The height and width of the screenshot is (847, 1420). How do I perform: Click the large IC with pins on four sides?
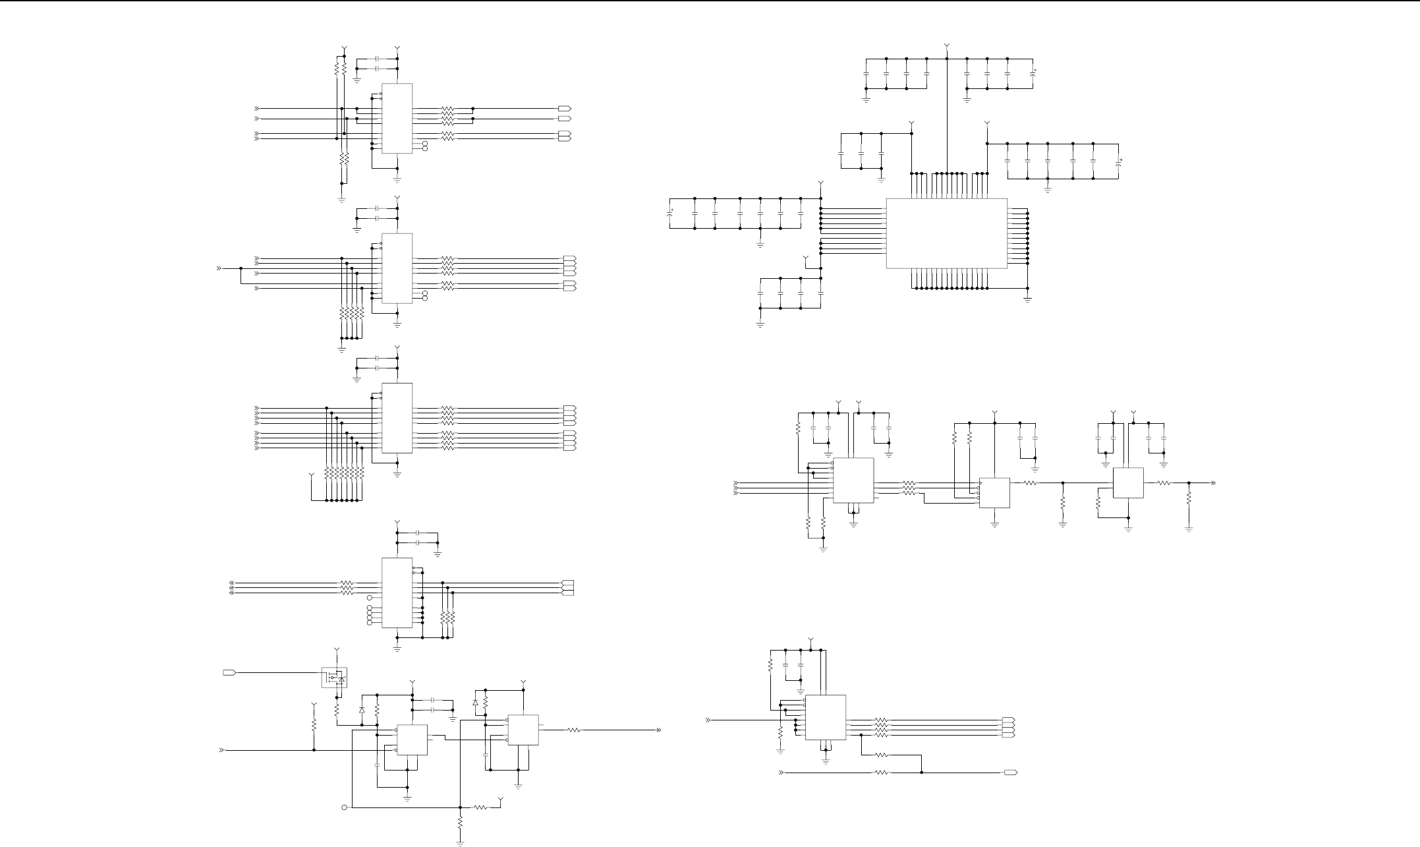946,233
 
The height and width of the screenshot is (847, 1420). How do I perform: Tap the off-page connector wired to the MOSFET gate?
229,672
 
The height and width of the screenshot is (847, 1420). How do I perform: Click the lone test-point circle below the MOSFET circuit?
344,807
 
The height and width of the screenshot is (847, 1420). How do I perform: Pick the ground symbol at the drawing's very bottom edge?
460,842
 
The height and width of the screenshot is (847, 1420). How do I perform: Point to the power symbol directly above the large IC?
947,46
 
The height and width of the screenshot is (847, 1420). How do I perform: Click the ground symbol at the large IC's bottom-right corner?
1027,299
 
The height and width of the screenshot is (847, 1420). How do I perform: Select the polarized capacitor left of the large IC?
670,214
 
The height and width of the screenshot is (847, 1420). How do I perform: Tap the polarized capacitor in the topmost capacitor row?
1033,73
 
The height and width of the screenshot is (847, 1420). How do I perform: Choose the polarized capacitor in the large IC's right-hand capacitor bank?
1119,161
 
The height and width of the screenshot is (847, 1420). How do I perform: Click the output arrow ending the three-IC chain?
1212,483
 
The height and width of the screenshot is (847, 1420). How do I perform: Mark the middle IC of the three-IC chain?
994,492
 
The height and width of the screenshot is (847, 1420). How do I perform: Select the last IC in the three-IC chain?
1128,482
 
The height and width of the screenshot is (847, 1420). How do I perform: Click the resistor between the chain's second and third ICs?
1029,483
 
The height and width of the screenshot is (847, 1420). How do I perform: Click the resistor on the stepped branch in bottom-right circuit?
882,754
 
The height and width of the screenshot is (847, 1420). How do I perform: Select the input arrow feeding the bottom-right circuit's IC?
709,720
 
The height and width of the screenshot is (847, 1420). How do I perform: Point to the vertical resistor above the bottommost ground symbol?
460,823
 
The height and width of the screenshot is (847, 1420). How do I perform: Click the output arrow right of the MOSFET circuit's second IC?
658,730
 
